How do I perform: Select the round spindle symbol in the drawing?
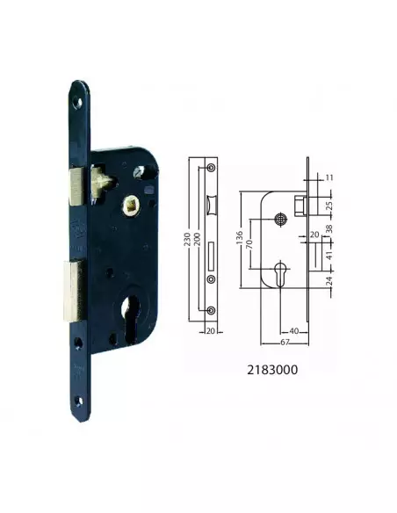[282, 218]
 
